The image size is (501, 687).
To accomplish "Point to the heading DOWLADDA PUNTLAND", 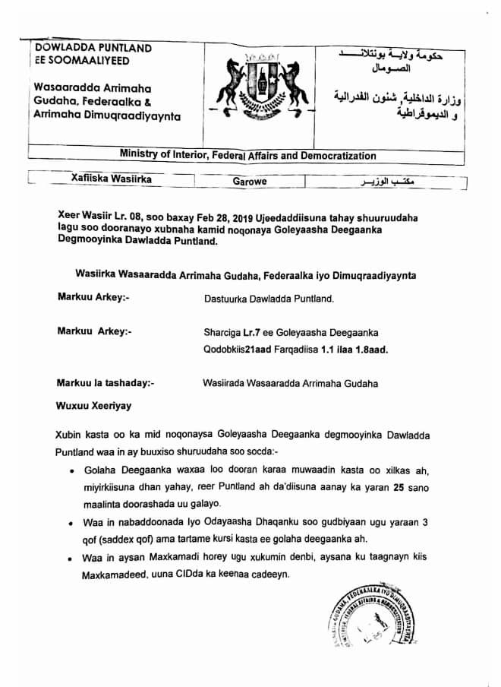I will click(93, 48).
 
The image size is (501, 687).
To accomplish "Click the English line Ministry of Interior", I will click(247, 156).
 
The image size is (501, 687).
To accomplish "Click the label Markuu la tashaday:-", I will click(106, 383).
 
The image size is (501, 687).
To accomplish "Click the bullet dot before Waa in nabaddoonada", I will click(70, 524).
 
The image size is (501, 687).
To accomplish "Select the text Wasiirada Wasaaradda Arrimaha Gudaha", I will click(290, 383).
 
